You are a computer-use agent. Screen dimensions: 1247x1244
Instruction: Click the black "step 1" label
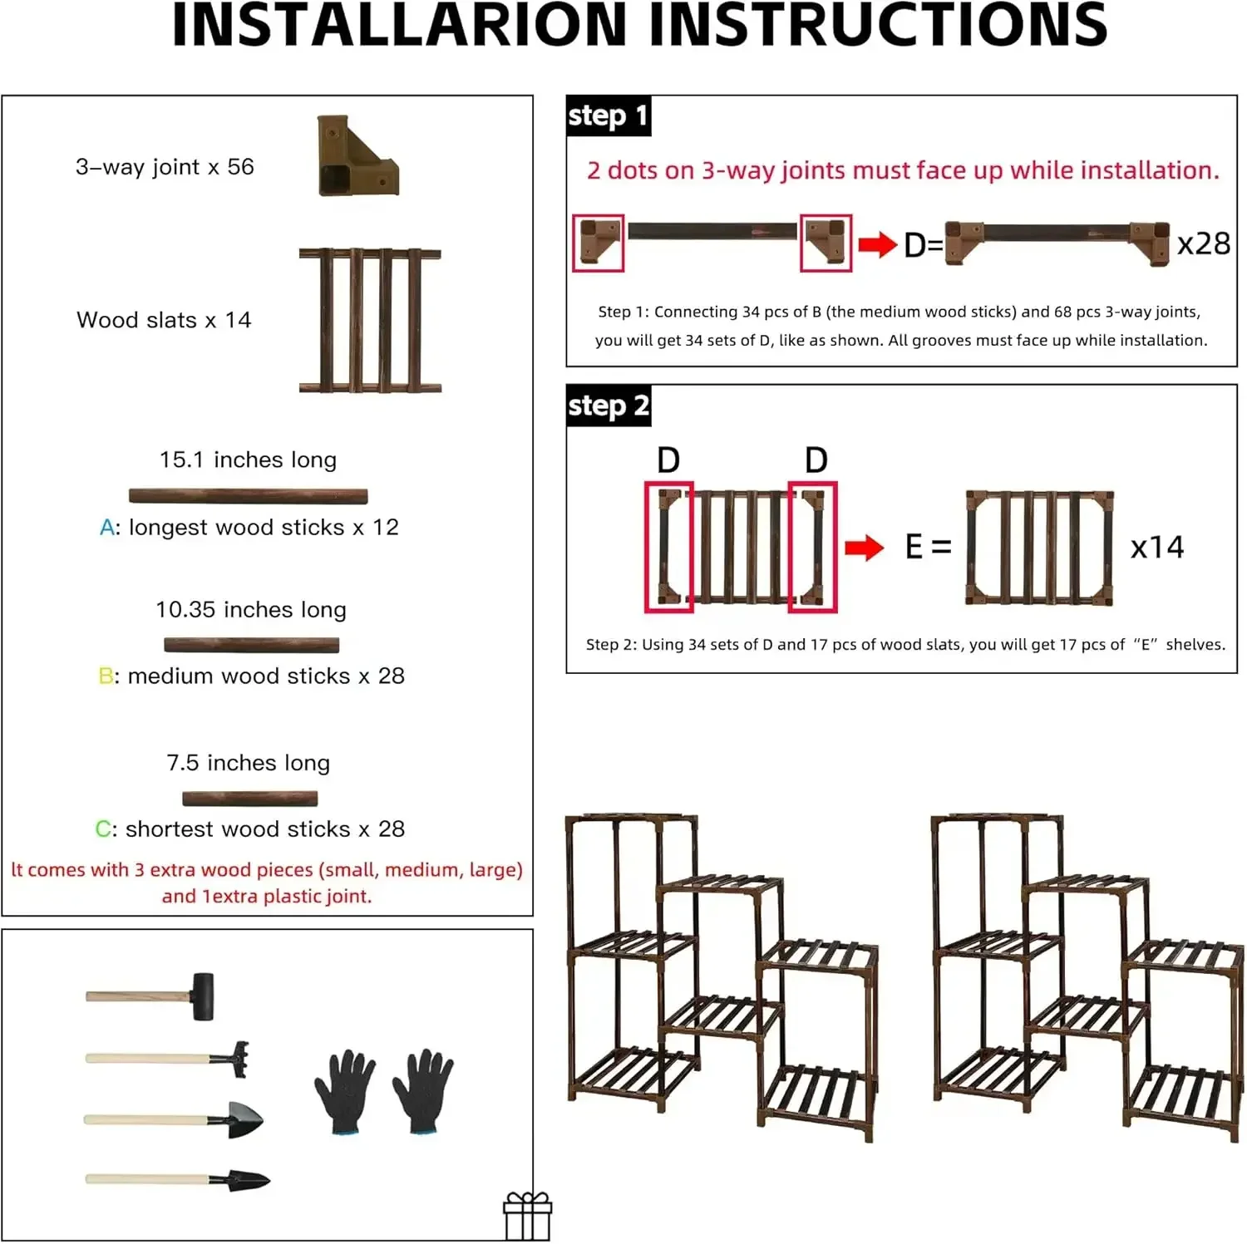(608, 116)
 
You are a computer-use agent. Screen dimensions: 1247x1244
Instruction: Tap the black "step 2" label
(608, 406)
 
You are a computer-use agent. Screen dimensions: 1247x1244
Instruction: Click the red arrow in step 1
(877, 245)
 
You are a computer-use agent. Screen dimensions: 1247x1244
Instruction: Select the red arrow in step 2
(864, 548)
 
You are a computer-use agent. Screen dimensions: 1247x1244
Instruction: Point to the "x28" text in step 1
(1203, 244)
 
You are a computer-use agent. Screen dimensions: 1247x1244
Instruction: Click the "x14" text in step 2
(1156, 548)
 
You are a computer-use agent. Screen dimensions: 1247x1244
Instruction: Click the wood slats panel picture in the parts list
(370, 320)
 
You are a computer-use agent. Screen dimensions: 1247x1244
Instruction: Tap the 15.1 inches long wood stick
(248, 496)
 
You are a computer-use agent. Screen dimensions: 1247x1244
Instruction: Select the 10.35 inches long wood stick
(251, 645)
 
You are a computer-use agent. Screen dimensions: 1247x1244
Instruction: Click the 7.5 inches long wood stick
(249, 799)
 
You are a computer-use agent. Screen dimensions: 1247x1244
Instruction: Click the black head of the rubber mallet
(203, 996)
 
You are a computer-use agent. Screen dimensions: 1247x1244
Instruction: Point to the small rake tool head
(231, 1059)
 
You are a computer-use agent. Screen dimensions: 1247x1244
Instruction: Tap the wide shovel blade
(244, 1119)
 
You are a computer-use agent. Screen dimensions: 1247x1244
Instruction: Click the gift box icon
(527, 1217)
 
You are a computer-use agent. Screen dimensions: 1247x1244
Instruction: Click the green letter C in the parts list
(104, 829)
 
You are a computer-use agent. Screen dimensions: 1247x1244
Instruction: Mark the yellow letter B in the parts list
(106, 676)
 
